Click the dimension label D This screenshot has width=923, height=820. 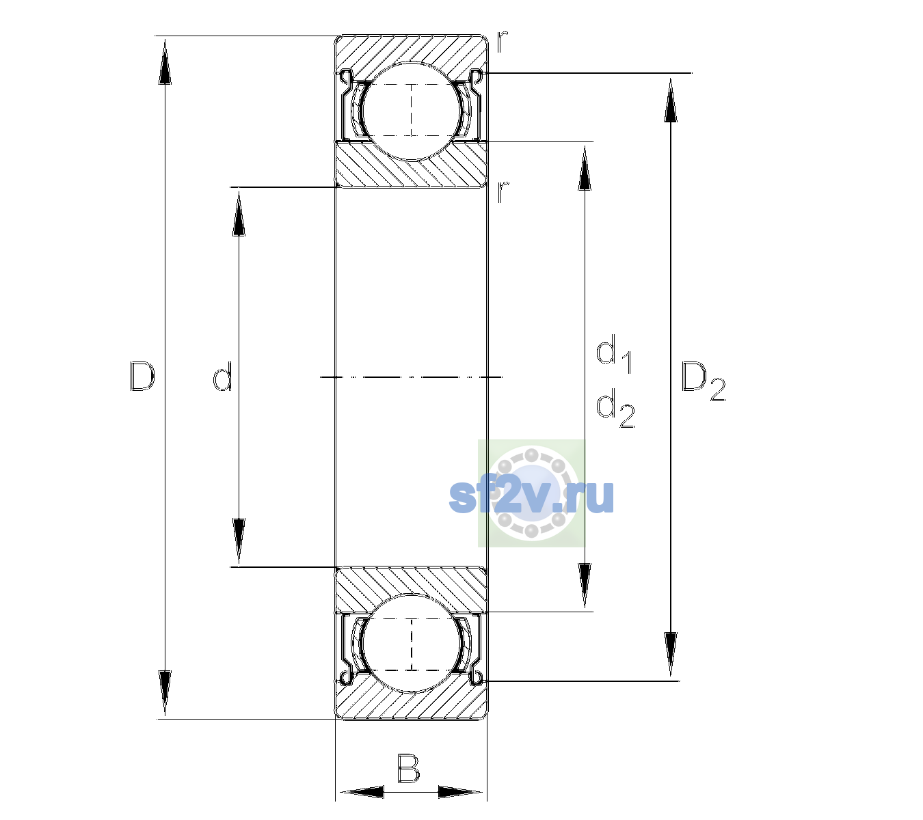142,376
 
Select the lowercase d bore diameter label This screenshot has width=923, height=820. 223,376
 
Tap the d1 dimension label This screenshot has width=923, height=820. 613,353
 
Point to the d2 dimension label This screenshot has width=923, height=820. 615,408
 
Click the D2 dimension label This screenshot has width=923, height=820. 703,381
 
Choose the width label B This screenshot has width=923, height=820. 408,768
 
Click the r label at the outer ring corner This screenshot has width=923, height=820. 502,42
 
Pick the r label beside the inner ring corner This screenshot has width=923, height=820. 503,192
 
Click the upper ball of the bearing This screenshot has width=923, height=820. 412,111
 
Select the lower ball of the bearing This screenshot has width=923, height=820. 412,644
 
